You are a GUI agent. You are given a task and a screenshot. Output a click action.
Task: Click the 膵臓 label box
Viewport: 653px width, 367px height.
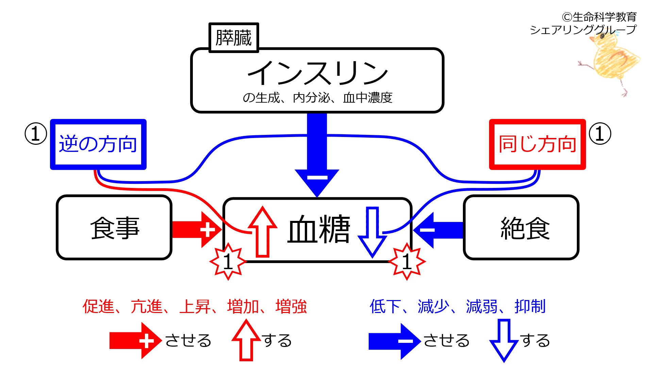234,38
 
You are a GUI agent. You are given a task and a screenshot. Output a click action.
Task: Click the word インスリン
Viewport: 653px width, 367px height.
317,73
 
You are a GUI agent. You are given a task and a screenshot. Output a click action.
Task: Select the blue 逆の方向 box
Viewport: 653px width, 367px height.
98,144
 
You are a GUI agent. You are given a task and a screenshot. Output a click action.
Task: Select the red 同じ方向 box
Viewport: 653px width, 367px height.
537,144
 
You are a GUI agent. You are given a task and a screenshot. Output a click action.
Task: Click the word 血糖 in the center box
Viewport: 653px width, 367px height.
319,229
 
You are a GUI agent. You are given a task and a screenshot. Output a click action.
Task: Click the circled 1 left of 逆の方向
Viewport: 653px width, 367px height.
36,134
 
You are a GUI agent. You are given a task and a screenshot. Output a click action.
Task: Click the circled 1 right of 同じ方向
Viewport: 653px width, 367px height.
600,134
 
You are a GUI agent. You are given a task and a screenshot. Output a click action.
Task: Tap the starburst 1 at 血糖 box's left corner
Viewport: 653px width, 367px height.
228,262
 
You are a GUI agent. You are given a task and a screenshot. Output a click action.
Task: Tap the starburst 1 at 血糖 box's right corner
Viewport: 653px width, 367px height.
407,262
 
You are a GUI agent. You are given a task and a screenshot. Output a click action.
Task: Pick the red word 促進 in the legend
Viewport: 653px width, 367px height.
98,307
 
